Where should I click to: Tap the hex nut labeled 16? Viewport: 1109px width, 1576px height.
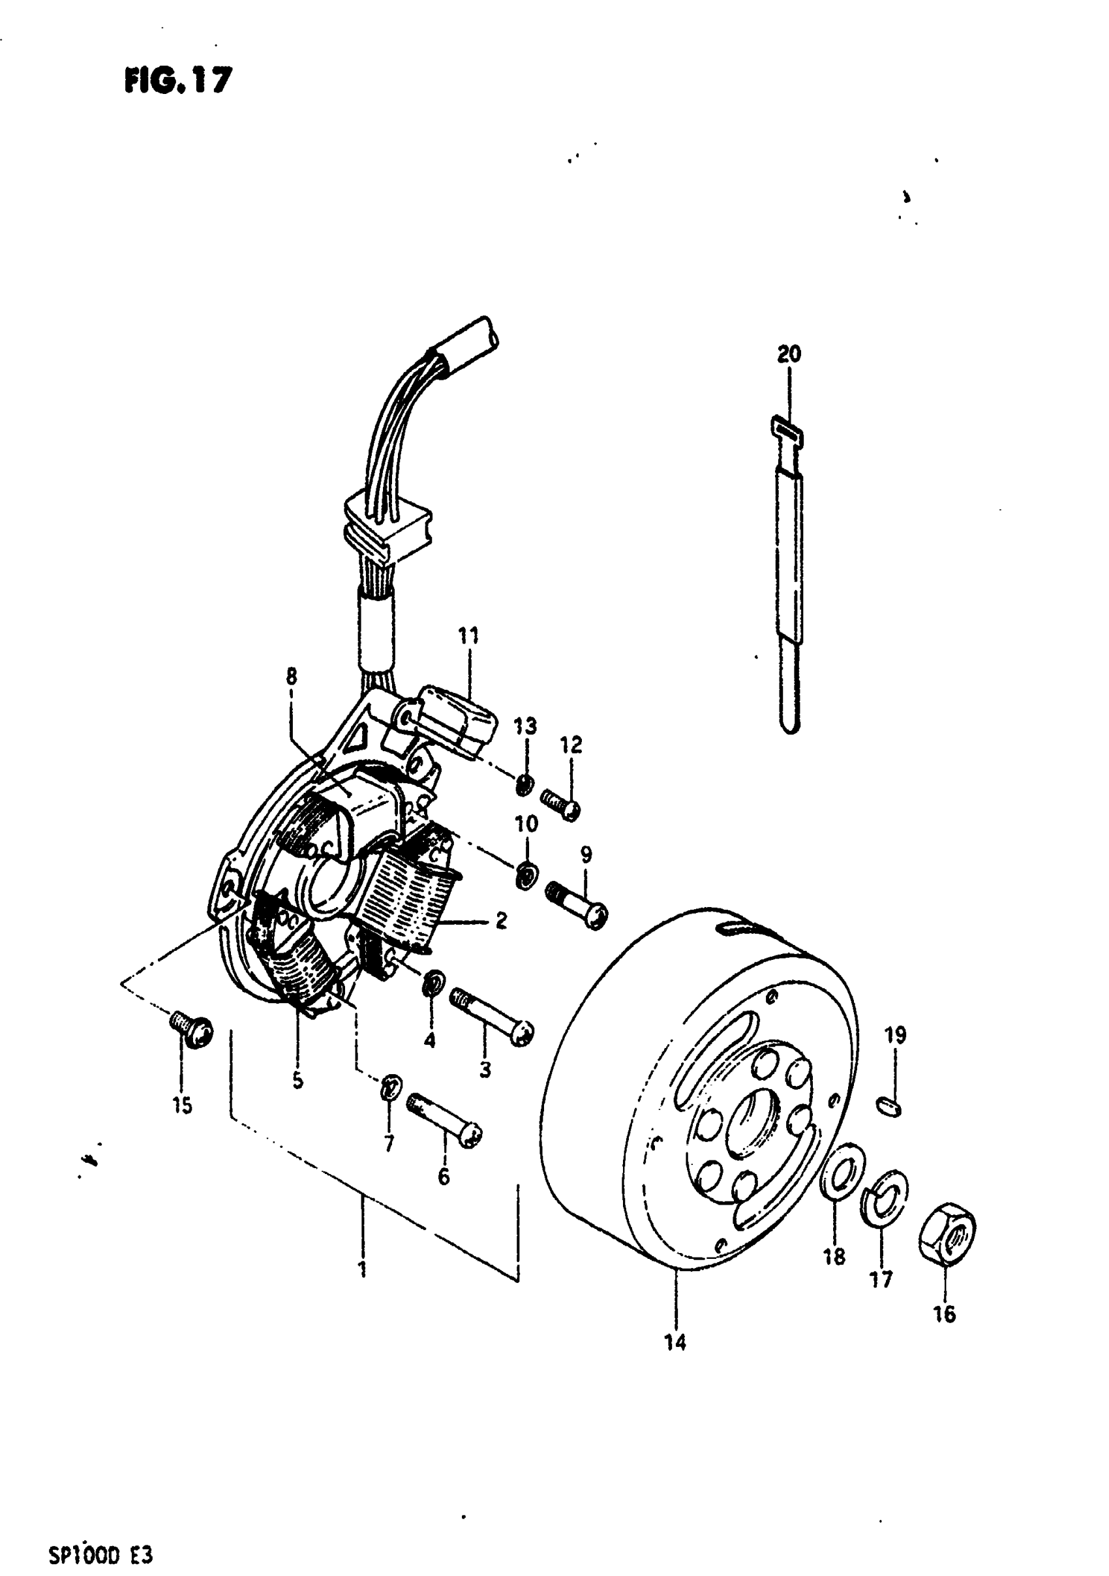[947, 1242]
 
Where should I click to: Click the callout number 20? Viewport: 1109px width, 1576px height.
[789, 354]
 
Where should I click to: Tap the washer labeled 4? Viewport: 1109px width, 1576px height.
[433, 985]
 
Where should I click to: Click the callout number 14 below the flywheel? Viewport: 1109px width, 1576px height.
[675, 1343]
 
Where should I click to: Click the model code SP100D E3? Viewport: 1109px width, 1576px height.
[100, 1554]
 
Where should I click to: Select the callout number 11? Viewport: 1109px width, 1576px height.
[469, 636]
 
